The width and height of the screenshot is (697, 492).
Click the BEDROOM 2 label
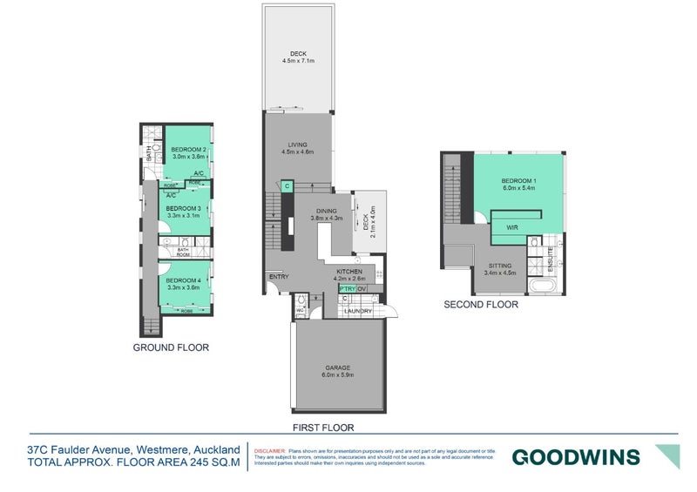pyautogui.click(x=188, y=149)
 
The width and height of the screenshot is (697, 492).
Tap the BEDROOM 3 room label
pyautogui.click(x=184, y=209)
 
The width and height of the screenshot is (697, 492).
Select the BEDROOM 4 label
pyautogui.click(x=184, y=280)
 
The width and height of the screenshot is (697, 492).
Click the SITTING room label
pyautogui.click(x=500, y=266)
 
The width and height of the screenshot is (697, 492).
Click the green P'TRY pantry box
pyautogui.click(x=348, y=288)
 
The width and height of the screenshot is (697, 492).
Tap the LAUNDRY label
pyautogui.click(x=357, y=311)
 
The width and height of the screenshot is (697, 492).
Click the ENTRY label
pyautogui.click(x=279, y=277)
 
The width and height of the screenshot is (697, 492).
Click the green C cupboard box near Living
pyautogui.click(x=287, y=185)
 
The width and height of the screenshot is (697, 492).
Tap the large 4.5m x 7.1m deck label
pyautogui.click(x=297, y=57)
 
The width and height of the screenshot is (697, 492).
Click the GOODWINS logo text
pyautogui.click(x=575, y=456)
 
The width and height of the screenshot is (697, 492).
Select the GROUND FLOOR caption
pyautogui.click(x=170, y=347)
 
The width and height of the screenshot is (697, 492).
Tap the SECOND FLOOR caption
pyautogui.click(x=481, y=305)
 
